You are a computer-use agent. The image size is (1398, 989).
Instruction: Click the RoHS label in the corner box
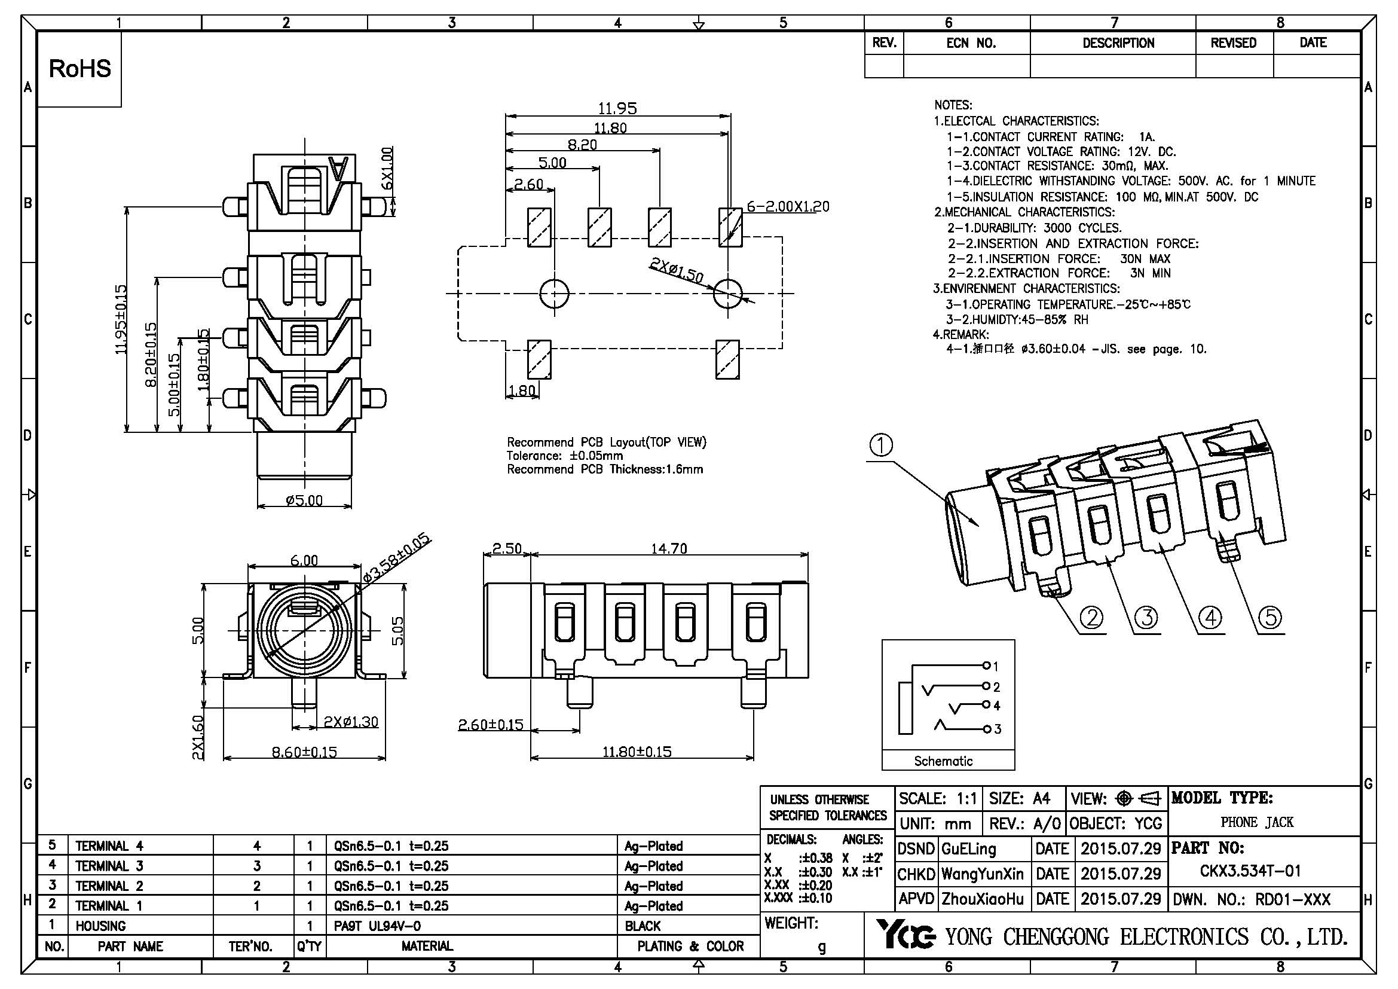coord(79,68)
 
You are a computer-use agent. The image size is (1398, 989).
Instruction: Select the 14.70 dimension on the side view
coord(669,549)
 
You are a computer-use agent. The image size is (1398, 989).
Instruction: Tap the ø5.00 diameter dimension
coord(304,500)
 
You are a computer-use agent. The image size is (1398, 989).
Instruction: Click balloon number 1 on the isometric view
coord(880,446)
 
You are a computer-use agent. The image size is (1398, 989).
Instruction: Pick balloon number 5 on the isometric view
coord(1270,618)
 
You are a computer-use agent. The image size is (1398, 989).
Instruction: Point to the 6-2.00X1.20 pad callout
coord(788,206)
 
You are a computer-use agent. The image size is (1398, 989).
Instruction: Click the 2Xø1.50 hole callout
coord(677,270)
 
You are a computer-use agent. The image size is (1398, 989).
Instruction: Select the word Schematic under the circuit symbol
coord(943,761)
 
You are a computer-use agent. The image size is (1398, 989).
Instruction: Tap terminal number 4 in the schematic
coord(996,706)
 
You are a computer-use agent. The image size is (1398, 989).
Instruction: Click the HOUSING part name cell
coord(100,926)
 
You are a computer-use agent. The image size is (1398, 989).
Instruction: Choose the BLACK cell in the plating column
coord(643,926)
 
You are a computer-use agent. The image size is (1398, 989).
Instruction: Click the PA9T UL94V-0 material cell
coord(378,926)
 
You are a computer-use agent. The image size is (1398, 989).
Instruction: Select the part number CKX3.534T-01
coord(1250,871)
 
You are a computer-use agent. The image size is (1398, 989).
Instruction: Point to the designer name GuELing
coord(969,849)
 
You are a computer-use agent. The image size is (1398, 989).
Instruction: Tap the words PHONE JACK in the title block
coord(1257,823)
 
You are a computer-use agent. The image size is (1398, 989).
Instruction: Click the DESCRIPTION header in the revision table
coord(1118,43)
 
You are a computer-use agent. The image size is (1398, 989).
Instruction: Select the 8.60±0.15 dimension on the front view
coord(304,752)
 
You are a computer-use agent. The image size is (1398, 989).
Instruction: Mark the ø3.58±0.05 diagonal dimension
coord(396,558)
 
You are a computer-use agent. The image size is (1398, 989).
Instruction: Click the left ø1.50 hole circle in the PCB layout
coord(554,293)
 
